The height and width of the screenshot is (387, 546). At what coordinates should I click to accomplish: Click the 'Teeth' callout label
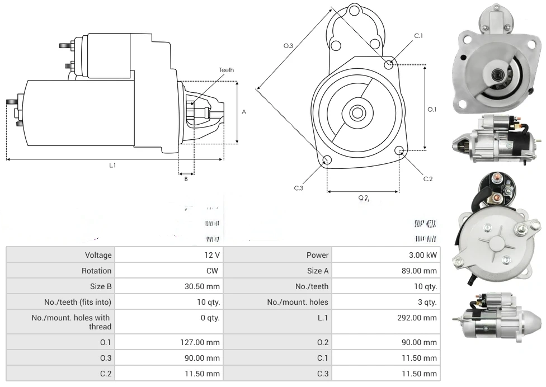226,70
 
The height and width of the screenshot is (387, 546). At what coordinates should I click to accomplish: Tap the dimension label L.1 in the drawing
112,165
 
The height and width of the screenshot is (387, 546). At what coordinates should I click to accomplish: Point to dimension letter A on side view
244,112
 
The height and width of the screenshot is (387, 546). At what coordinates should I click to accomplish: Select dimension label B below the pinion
186,179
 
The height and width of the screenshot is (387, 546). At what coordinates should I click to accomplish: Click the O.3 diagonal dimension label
288,46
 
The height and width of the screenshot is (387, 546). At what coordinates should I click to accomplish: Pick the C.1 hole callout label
418,36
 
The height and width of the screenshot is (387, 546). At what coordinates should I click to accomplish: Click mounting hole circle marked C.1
388,64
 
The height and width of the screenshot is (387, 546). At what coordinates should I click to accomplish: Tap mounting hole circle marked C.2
399,150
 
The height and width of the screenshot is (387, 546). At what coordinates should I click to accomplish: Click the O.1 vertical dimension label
432,110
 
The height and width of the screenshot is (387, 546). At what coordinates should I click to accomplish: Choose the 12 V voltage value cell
213,255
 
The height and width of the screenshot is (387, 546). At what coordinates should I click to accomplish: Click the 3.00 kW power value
423,255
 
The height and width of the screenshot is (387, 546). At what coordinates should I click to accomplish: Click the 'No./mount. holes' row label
298,302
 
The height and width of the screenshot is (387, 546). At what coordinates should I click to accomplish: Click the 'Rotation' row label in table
97,271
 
